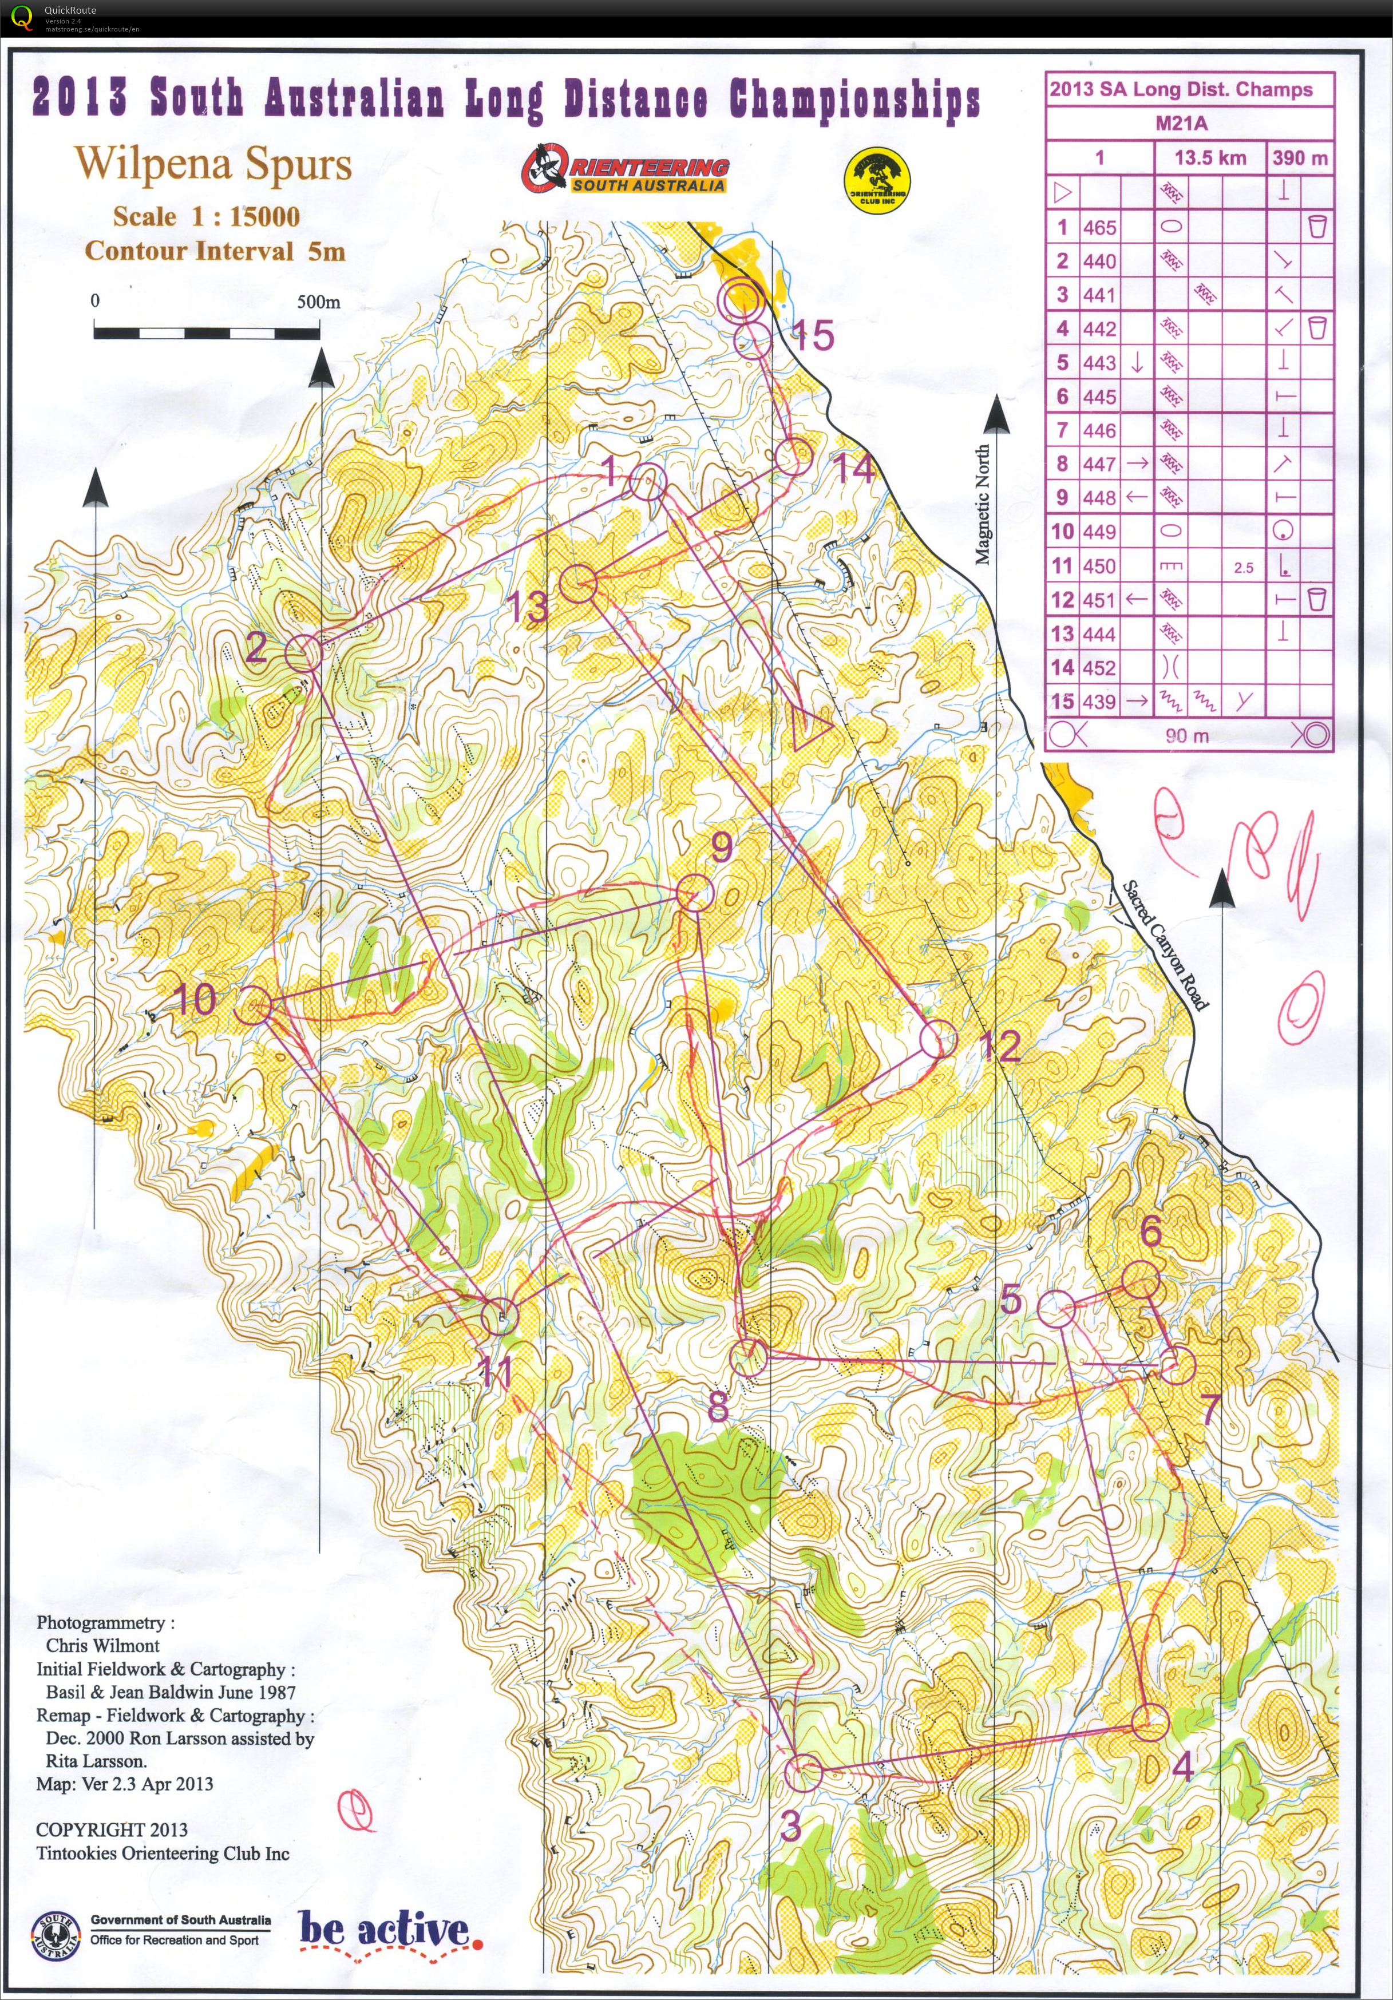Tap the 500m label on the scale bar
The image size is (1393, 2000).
318,302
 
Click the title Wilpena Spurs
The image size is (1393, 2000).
213,164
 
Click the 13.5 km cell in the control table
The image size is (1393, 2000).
1209,158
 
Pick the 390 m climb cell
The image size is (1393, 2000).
1299,158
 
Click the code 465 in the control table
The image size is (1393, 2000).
1099,227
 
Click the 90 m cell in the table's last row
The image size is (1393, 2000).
1188,735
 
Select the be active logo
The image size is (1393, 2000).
389,1930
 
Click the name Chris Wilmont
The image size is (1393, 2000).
103,1645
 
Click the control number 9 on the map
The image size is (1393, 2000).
721,847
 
